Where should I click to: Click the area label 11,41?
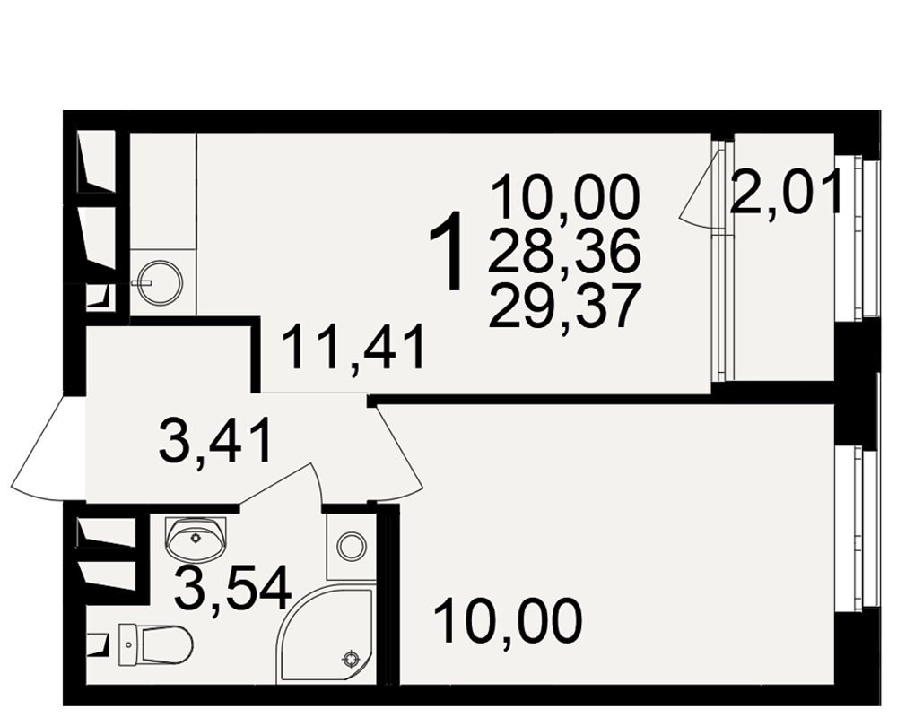[353, 348]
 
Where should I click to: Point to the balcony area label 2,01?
[786, 194]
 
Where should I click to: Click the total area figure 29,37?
[563, 307]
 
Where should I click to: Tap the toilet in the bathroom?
[155, 644]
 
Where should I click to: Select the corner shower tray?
[327, 634]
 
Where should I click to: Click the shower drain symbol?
[350, 660]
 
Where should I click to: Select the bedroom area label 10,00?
[508, 621]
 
